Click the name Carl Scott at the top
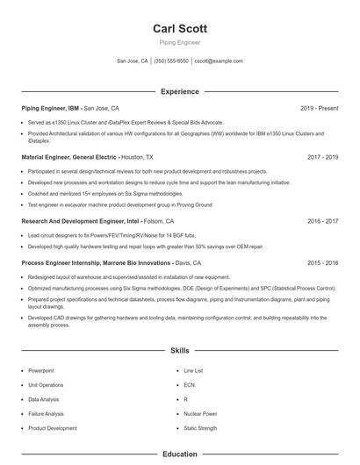(179, 28)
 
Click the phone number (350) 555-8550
(171, 61)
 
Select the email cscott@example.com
(219, 61)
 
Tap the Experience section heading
(179, 91)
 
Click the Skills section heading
(179, 350)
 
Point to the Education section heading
(179, 454)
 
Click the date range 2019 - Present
(319, 108)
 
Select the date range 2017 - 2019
(323, 157)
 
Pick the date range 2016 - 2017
(323, 222)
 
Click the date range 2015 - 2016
(323, 262)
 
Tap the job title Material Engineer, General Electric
(69, 157)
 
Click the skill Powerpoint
(41, 371)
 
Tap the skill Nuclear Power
(200, 413)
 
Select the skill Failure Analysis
(46, 413)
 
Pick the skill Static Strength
(200, 427)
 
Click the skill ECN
(189, 385)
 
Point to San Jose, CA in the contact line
(132, 61)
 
